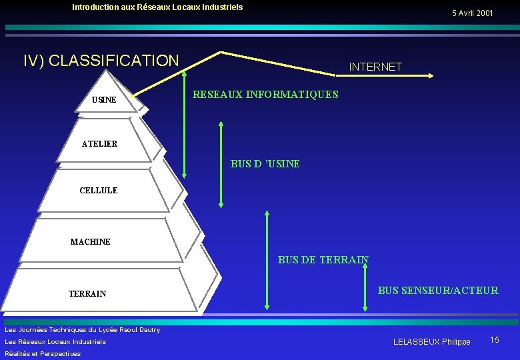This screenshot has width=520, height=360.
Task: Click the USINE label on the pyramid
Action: coord(104,100)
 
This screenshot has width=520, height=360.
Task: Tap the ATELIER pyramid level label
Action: coord(99,143)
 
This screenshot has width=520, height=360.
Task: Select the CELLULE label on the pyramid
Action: coord(98,190)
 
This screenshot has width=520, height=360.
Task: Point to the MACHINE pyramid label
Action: coord(90,241)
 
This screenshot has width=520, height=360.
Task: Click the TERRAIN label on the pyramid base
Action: coord(87,293)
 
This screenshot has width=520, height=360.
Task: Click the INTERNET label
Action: coord(375,67)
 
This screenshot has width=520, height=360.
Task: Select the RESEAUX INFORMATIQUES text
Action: coord(265,95)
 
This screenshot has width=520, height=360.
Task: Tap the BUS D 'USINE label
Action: coord(265,163)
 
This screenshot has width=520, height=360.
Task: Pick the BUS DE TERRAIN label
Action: coord(323,260)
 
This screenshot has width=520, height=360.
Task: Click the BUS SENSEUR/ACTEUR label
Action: coord(438,290)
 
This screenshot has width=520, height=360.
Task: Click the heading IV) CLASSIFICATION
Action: coord(101,61)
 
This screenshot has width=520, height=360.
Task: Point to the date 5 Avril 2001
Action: coord(472,13)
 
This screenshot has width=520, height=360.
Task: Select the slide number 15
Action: coord(495,340)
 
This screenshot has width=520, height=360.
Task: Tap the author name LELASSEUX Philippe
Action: coord(431,341)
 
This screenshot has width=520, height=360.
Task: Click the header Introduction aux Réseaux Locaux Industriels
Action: coord(157,7)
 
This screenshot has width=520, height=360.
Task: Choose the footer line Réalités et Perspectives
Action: coord(43,353)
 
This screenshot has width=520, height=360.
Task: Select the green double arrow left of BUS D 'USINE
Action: coord(221,165)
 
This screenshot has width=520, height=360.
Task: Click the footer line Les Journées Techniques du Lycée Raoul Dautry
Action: coord(82,329)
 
